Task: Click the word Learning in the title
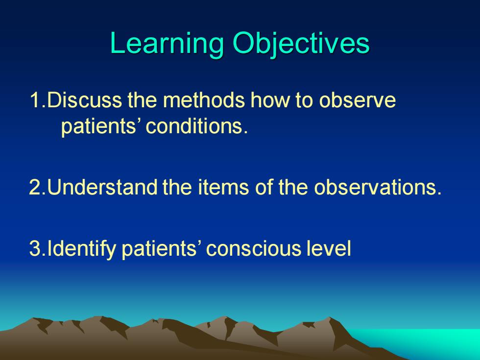pyautogui.click(x=167, y=44)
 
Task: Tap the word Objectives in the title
pyautogui.click(x=301, y=44)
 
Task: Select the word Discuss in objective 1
pyautogui.click(x=84, y=100)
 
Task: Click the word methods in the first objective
pyautogui.click(x=204, y=100)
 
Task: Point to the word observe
pyautogui.click(x=357, y=100)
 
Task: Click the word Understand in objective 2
pyautogui.click(x=102, y=187)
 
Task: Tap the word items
pyautogui.click(x=223, y=187)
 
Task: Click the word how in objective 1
pyautogui.click(x=270, y=100)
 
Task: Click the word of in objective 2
pyautogui.click(x=264, y=187)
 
